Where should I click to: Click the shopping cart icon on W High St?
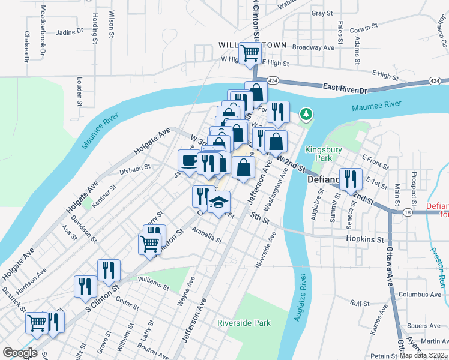point(250,52)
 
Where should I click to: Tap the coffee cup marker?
point(189,160)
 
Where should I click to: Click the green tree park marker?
point(307,113)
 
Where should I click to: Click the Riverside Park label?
point(244,323)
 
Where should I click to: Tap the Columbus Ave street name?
point(420,295)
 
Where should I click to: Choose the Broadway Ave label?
point(313,46)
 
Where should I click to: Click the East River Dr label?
point(345,88)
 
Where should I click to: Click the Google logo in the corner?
point(20,353)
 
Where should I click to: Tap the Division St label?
point(134,170)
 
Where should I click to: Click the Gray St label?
point(322,13)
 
